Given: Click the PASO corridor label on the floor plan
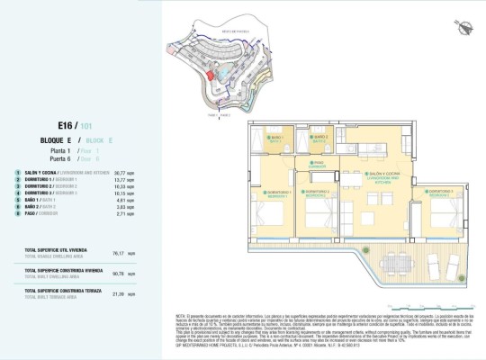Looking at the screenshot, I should click(x=318, y=164).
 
